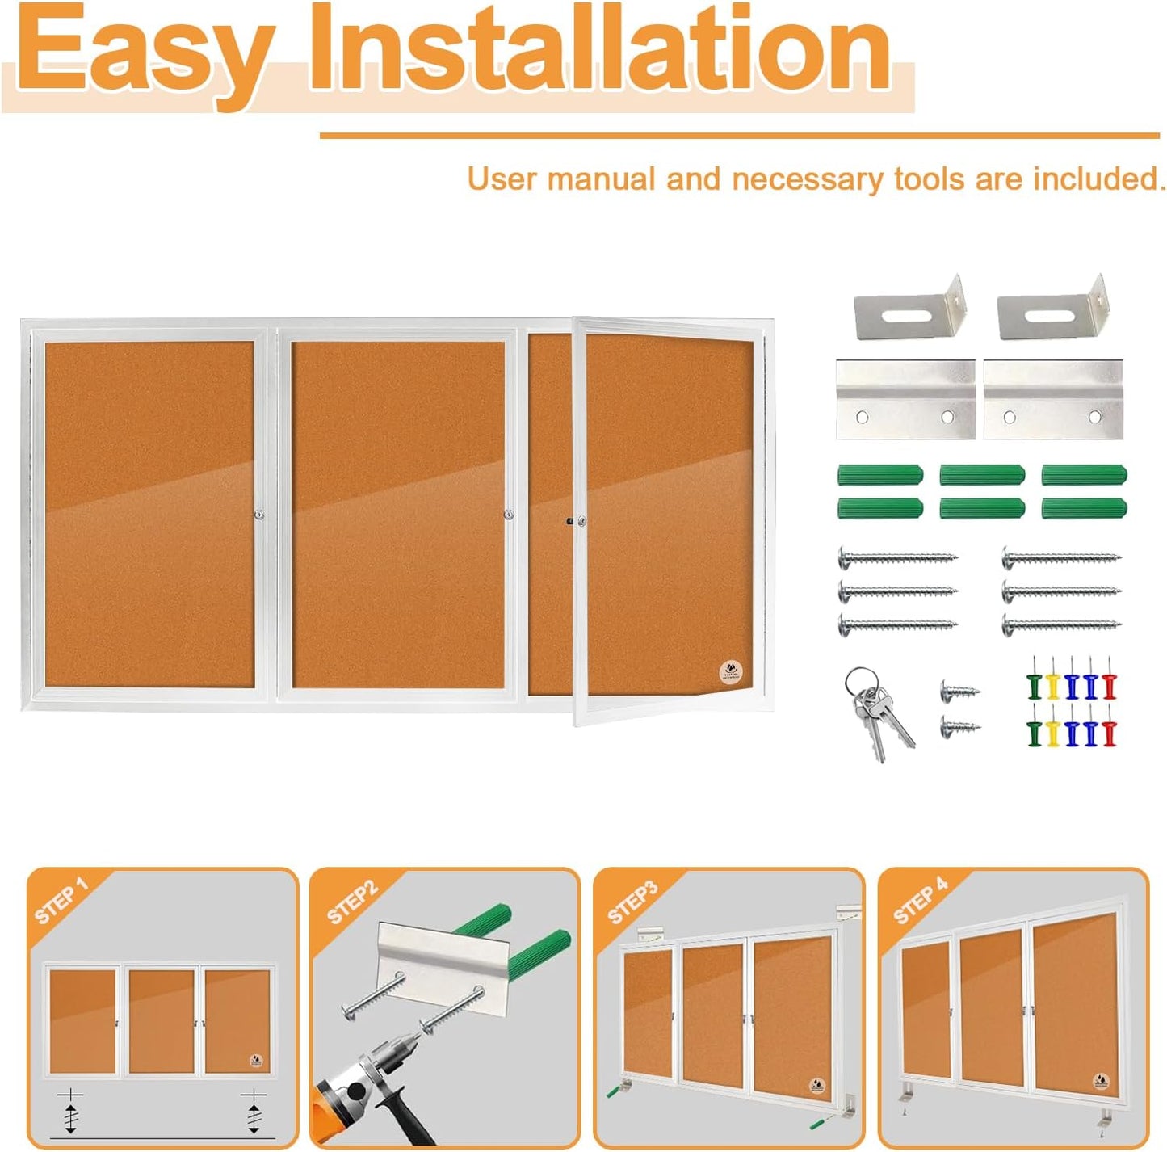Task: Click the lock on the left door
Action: click(259, 515)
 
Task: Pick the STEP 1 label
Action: click(61, 900)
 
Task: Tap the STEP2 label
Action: click(352, 902)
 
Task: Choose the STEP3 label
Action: click(633, 902)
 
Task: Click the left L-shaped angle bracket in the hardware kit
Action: click(909, 309)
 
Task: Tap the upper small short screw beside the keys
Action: click(959, 692)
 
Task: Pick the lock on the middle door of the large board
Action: click(509, 515)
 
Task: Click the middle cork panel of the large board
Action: click(397, 515)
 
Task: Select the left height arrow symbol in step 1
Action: click(71, 1112)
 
